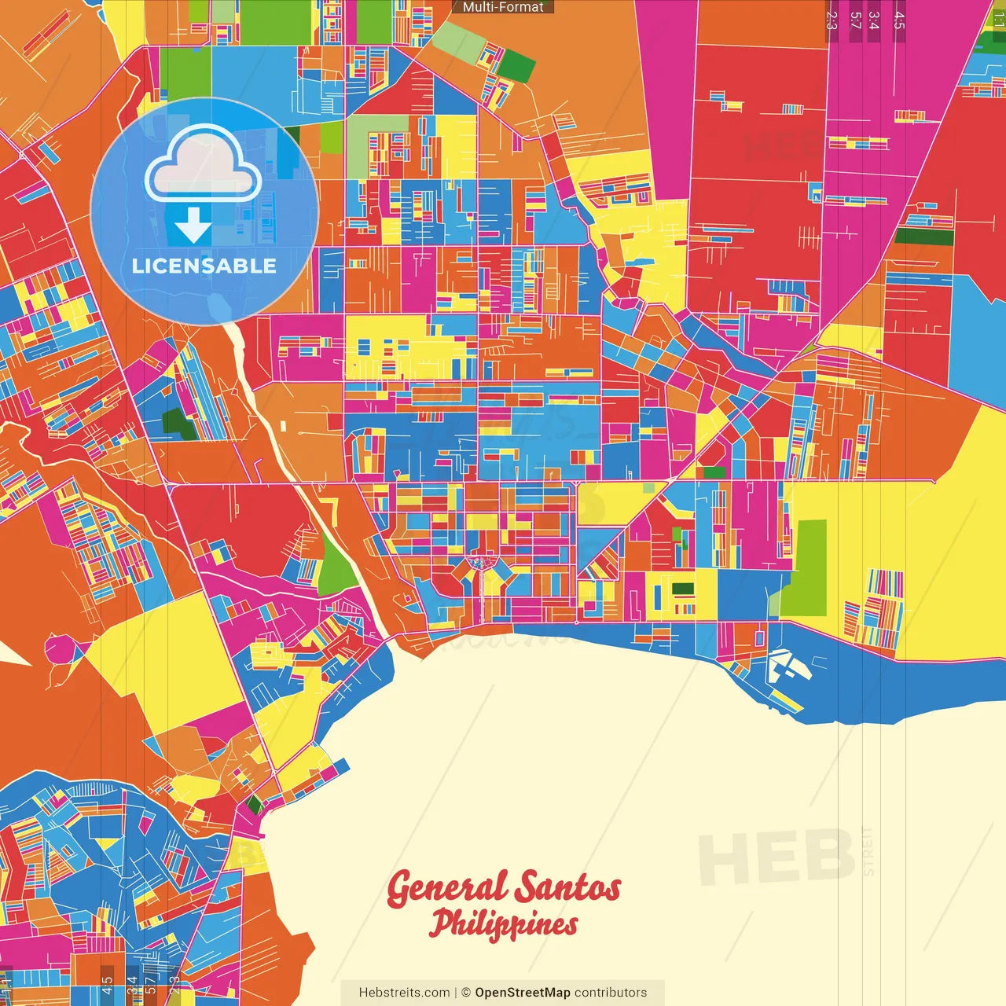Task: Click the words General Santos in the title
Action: [503, 887]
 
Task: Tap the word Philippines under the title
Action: [503, 924]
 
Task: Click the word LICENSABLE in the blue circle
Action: [204, 266]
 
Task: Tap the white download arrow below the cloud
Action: [193, 226]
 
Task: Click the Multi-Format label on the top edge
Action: [503, 7]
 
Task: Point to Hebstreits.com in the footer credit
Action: [404, 993]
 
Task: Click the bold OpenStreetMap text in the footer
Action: [522, 993]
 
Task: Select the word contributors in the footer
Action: [611, 993]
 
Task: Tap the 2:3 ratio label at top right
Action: [832, 20]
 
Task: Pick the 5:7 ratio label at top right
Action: [855, 20]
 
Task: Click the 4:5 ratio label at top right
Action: [898, 20]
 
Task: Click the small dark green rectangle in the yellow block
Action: [683, 588]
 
